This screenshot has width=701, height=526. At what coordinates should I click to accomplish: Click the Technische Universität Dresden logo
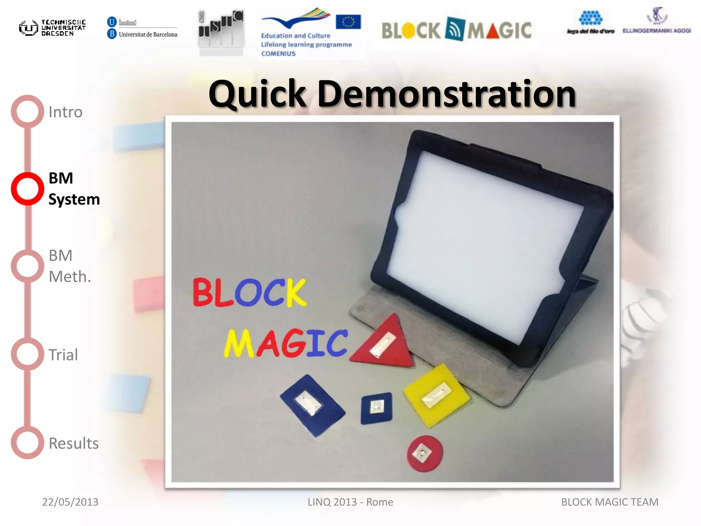(52, 28)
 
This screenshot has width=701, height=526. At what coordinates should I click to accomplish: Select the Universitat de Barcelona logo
(142, 28)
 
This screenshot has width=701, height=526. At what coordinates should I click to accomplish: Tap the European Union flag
(348, 22)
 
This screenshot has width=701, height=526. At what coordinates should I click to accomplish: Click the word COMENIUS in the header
(278, 54)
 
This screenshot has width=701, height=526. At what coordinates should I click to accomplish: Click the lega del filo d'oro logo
(590, 23)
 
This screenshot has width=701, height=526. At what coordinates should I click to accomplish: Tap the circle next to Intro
(27, 111)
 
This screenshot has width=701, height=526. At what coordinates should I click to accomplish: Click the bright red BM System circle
(27, 189)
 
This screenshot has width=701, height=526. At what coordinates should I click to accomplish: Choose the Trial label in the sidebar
(63, 355)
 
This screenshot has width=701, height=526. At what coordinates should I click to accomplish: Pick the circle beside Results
(27, 442)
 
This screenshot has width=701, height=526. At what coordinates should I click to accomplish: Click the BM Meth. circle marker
(27, 266)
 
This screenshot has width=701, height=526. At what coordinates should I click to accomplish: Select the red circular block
(424, 453)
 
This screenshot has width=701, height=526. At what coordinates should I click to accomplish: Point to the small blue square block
(376, 408)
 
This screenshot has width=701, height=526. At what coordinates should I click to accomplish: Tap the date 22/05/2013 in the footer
(70, 502)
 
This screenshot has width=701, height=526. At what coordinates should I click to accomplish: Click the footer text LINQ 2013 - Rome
(350, 502)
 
